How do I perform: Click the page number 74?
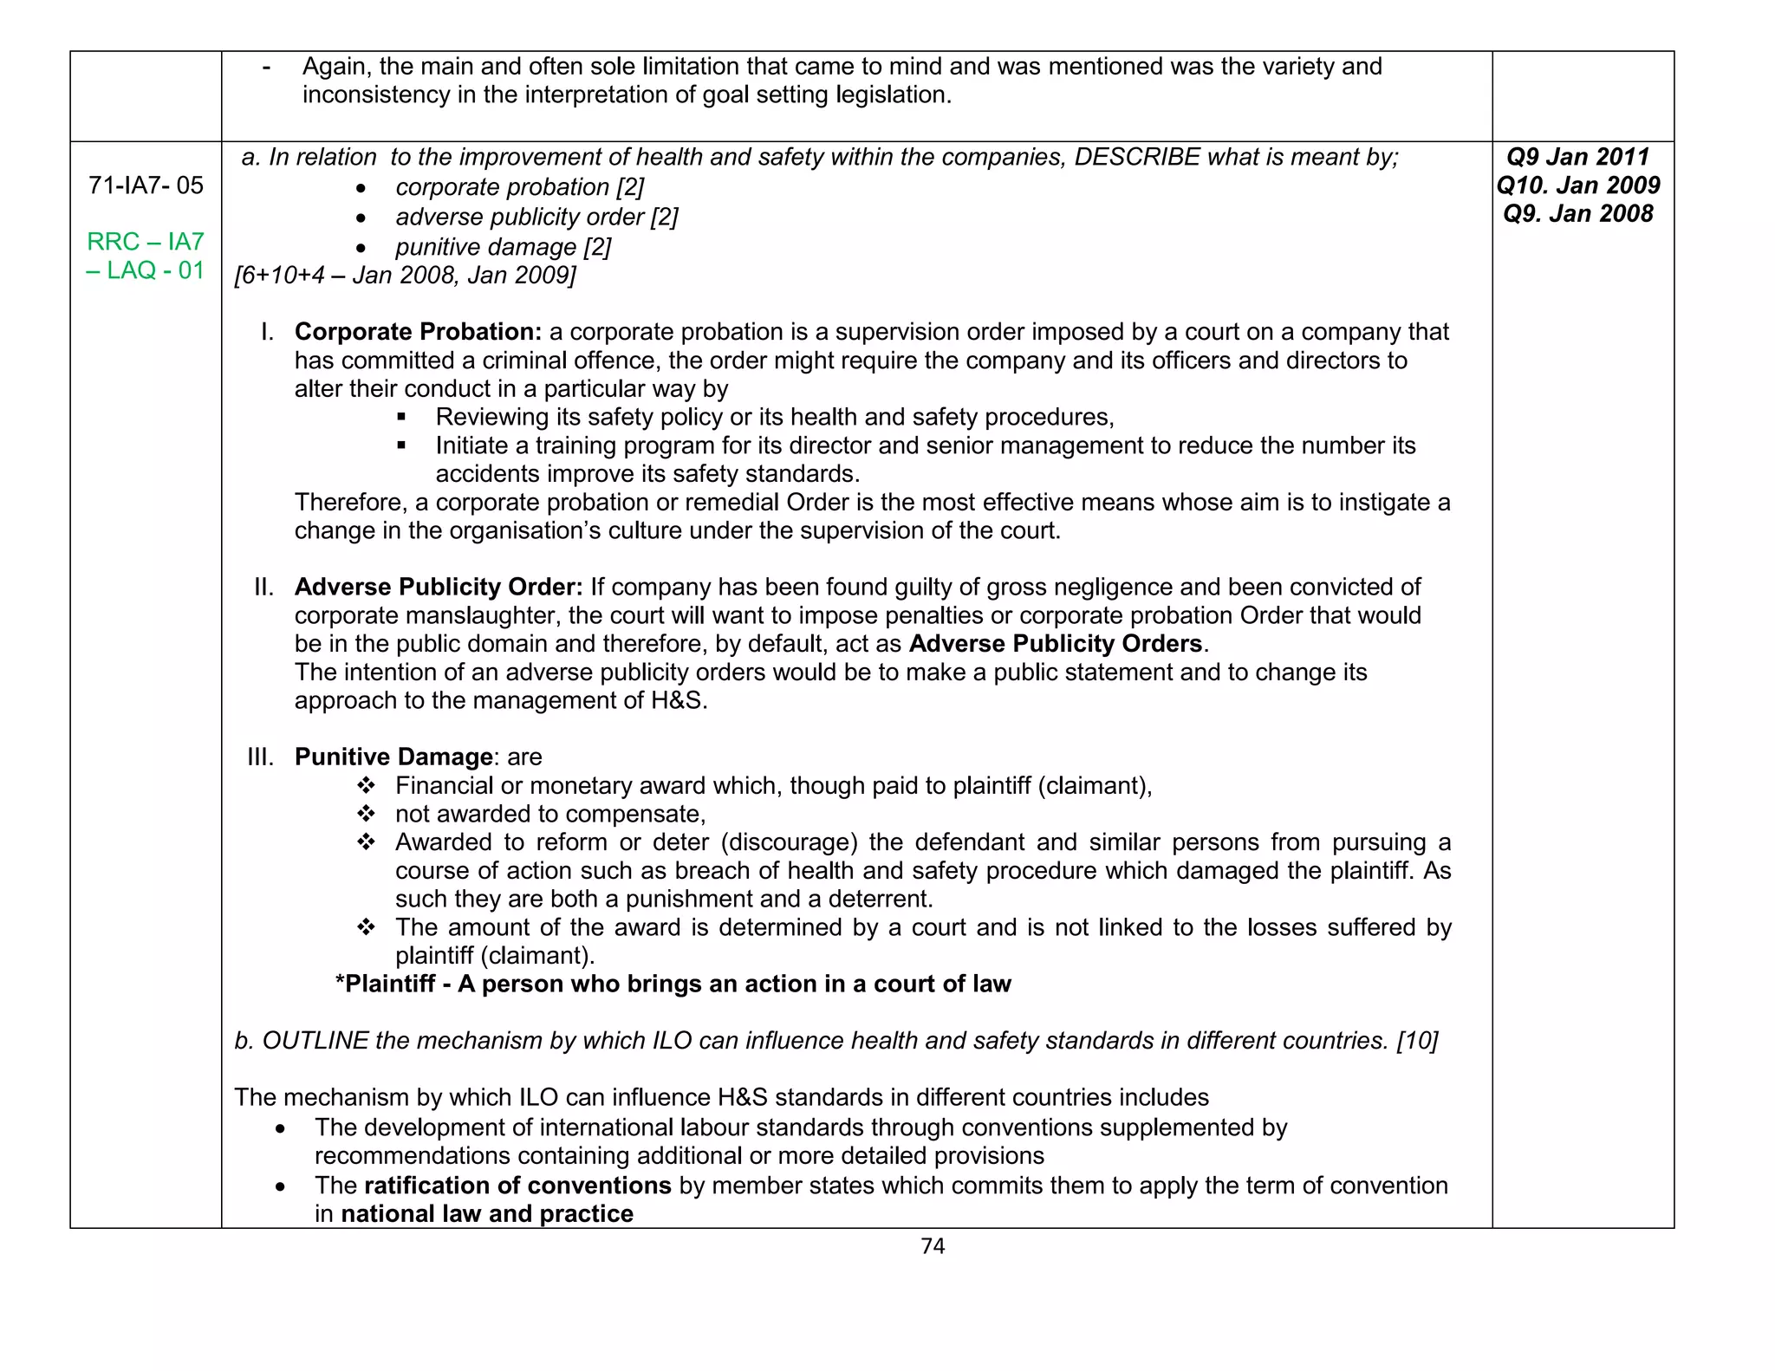933,1246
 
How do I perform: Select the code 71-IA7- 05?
146,185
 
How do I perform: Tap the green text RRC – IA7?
146,241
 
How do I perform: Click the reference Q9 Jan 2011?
1577,157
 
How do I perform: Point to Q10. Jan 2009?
1577,185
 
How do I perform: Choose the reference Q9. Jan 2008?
1577,214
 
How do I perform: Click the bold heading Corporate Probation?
418,332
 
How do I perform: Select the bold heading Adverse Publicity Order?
439,587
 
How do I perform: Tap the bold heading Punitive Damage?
393,757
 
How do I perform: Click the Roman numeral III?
260,757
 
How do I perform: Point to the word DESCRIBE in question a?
1136,157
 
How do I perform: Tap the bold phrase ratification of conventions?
517,1186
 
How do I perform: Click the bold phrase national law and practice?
487,1214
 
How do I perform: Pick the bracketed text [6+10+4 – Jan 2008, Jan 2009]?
405,276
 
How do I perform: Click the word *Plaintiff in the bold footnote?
385,984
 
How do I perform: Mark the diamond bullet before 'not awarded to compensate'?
366,814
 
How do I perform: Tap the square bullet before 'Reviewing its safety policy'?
401,418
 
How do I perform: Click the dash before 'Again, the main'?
266,67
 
